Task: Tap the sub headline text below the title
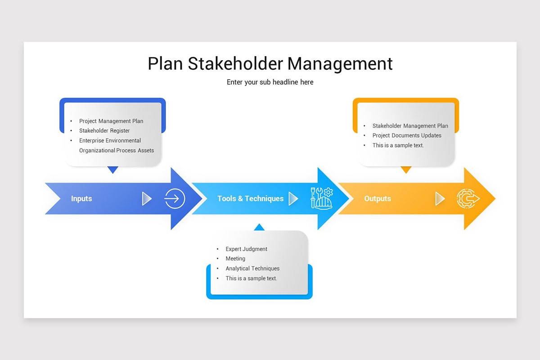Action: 270,82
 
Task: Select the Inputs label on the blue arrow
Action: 81,198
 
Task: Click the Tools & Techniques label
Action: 251,198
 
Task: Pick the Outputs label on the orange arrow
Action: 378,198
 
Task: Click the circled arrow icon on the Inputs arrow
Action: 175,198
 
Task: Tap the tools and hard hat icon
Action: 322,198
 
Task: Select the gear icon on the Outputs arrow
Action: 468,198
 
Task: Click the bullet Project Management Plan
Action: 111,121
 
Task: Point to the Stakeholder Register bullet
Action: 104,131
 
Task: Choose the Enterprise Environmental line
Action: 110,141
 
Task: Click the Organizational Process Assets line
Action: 117,151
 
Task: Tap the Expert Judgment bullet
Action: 247,249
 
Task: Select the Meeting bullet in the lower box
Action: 235,259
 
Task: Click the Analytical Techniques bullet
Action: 252,269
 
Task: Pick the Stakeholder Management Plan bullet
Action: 410,126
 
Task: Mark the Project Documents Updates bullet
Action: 407,135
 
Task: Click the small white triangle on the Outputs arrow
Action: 440,198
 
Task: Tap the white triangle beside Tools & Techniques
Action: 293,198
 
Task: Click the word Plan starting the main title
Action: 165,63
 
